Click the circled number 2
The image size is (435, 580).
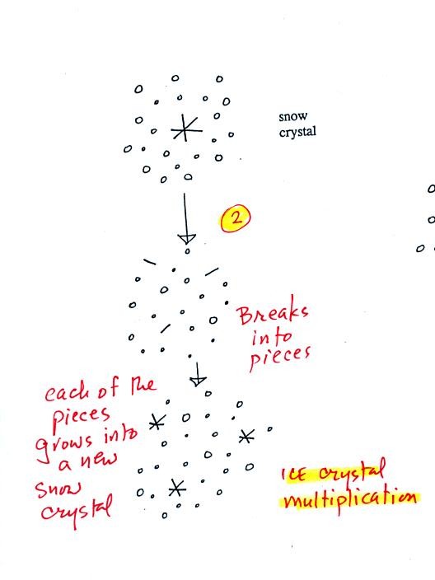pyautogui.click(x=236, y=217)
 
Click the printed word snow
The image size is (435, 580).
pyautogui.click(x=293, y=116)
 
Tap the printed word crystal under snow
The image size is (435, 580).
pyautogui.click(x=297, y=132)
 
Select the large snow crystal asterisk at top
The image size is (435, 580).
pyautogui.click(x=185, y=128)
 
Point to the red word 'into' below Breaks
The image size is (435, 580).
pyautogui.click(x=272, y=337)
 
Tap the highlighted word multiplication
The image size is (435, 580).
pyautogui.click(x=350, y=500)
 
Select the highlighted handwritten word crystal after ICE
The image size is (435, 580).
pyautogui.click(x=352, y=471)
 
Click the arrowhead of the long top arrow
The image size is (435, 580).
pyautogui.click(x=186, y=238)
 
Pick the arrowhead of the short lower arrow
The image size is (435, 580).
pyautogui.click(x=198, y=381)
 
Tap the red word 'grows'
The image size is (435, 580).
pyautogui.click(x=63, y=445)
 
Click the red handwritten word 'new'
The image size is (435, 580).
pyautogui.click(x=98, y=460)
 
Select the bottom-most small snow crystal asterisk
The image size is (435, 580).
pyautogui.click(x=177, y=488)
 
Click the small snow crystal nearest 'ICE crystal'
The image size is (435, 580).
pyautogui.click(x=246, y=437)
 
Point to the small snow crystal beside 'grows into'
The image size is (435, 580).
pyautogui.click(x=157, y=422)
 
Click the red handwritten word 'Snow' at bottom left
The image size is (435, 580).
pyautogui.click(x=58, y=489)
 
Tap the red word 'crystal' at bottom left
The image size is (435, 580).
pyautogui.click(x=76, y=510)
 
